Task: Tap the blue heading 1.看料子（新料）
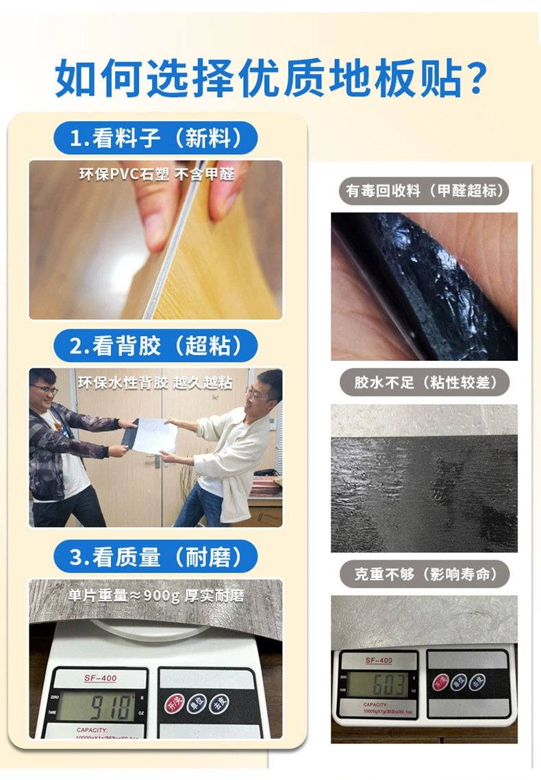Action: click(x=156, y=138)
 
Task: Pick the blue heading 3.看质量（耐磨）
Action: click(x=156, y=557)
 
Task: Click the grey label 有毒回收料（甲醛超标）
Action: click(x=425, y=191)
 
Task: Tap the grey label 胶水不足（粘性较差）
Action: click(x=425, y=381)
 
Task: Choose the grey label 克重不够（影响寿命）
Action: click(x=425, y=574)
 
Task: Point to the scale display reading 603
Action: click(x=379, y=683)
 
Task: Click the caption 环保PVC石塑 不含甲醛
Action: click(x=156, y=174)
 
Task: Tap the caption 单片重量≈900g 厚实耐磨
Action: click(x=156, y=594)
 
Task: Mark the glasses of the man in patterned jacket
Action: click(x=45, y=390)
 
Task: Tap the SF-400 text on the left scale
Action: click(x=100, y=678)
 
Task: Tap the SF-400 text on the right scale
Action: click(x=379, y=660)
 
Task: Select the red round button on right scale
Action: click(x=440, y=682)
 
